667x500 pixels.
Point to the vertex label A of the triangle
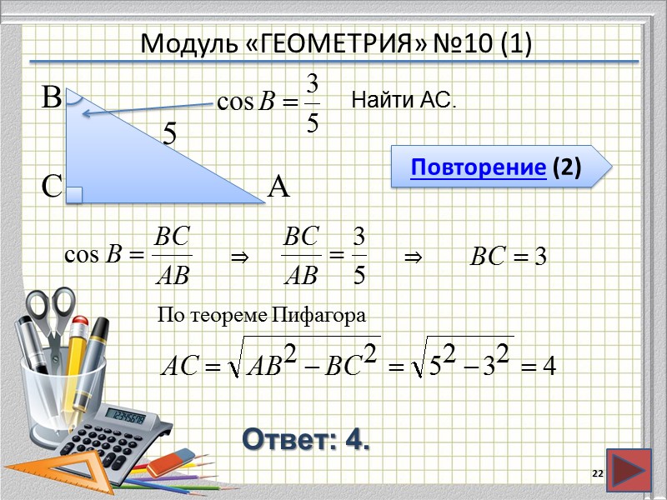point(278,187)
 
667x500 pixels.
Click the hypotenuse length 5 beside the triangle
point(170,133)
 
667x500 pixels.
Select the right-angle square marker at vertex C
point(74,195)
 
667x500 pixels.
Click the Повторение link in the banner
point(478,168)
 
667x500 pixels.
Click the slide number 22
point(596,473)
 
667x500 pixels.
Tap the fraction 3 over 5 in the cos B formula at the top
point(312,103)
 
